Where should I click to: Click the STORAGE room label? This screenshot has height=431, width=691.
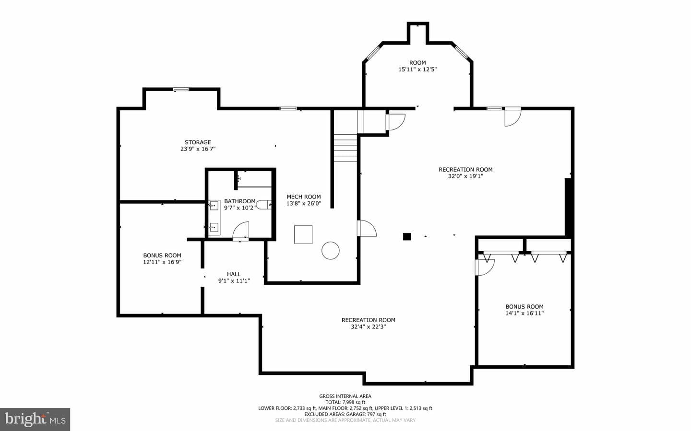[x=198, y=142]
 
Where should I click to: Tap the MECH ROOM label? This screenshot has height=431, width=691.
[x=304, y=197]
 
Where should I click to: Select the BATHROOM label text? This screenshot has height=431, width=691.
[x=240, y=201]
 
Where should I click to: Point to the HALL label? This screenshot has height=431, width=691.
[x=234, y=274]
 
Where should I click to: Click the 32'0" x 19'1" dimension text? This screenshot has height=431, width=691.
[x=465, y=176]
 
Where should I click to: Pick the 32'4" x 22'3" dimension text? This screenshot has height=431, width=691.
[x=369, y=327]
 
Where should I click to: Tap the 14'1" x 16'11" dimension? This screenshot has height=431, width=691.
[x=524, y=313]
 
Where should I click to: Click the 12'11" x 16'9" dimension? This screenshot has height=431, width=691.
[x=162, y=262]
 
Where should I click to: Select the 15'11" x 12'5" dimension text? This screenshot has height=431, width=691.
[x=417, y=70]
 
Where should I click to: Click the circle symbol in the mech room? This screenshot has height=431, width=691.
[x=330, y=250]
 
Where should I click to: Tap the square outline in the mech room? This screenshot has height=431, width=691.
[x=303, y=234]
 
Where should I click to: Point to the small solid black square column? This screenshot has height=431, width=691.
[x=407, y=236]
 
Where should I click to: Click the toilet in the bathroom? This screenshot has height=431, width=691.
[x=264, y=204]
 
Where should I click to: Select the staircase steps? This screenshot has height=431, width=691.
[x=345, y=148]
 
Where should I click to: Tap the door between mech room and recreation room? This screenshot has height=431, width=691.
[x=367, y=228]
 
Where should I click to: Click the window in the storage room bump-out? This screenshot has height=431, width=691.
[x=181, y=89]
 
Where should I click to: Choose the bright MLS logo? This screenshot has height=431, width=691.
[x=35, y=419]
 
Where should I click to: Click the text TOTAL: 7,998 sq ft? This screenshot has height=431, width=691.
[x=345, y=402]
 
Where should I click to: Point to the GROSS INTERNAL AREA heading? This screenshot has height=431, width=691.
[x=345, y=396]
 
